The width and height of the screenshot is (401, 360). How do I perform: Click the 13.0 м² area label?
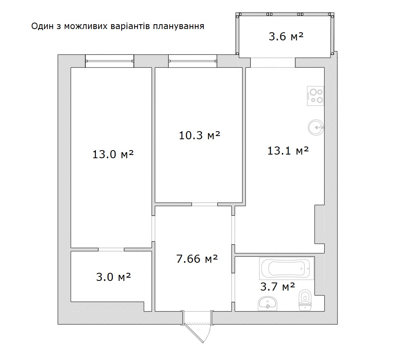[x=113, y=154]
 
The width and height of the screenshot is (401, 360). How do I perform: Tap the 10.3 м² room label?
[x=199, y=135]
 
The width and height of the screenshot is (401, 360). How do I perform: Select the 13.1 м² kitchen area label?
[x=288, y=151]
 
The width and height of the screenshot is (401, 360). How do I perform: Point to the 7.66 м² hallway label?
[x=197, y=259]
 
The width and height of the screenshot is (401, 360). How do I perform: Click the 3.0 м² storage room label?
[x=113, y=277]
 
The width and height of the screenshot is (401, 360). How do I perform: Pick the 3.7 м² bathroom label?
[x=277, y=287]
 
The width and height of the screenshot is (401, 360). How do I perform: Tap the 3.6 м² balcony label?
[x=286, y=36]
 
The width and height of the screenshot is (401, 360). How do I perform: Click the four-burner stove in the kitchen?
[x=315, y=96]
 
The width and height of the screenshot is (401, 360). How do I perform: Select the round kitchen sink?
[x=317, y=127]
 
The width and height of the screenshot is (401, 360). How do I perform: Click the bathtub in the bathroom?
[x=287, y=268]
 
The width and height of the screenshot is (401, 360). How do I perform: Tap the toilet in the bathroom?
[x=305, y=300]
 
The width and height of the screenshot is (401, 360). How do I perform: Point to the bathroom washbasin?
[x=268, y=303]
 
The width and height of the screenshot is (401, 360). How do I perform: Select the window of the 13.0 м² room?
[x=110, y=61]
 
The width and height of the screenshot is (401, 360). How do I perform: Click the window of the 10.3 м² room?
[x=192, y=61]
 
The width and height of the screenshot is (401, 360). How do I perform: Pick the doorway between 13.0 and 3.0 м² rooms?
[x=111, y=249]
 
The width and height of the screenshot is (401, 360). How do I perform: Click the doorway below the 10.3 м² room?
[x=205, y=204]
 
